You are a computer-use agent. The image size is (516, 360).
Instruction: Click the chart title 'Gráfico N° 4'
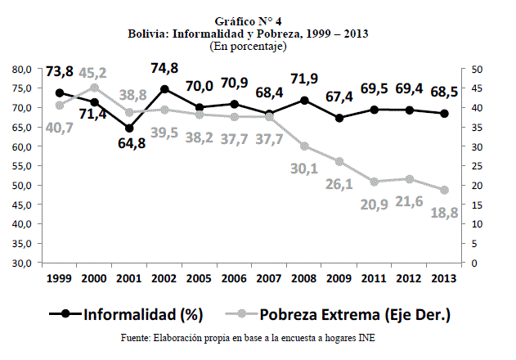248,20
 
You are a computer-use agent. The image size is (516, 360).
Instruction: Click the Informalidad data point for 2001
130,128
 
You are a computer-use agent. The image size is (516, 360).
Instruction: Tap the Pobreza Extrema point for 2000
95,88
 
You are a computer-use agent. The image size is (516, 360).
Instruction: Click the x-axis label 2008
303,279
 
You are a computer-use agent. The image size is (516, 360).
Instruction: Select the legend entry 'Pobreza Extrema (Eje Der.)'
352,313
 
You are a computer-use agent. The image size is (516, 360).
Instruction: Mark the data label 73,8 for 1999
60,72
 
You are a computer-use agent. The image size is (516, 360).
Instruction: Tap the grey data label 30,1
303,169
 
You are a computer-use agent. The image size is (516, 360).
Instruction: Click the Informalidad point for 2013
444,114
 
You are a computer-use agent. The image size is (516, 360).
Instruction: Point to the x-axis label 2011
374,279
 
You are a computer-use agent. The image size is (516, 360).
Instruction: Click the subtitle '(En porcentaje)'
248,47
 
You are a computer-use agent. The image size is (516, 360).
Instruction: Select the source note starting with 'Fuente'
249,337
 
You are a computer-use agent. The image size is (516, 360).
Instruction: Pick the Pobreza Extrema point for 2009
339,162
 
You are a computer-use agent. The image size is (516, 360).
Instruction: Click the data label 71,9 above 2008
303,79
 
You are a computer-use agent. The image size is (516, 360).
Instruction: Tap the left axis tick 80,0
20,69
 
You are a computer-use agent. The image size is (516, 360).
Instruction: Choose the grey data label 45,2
95,70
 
